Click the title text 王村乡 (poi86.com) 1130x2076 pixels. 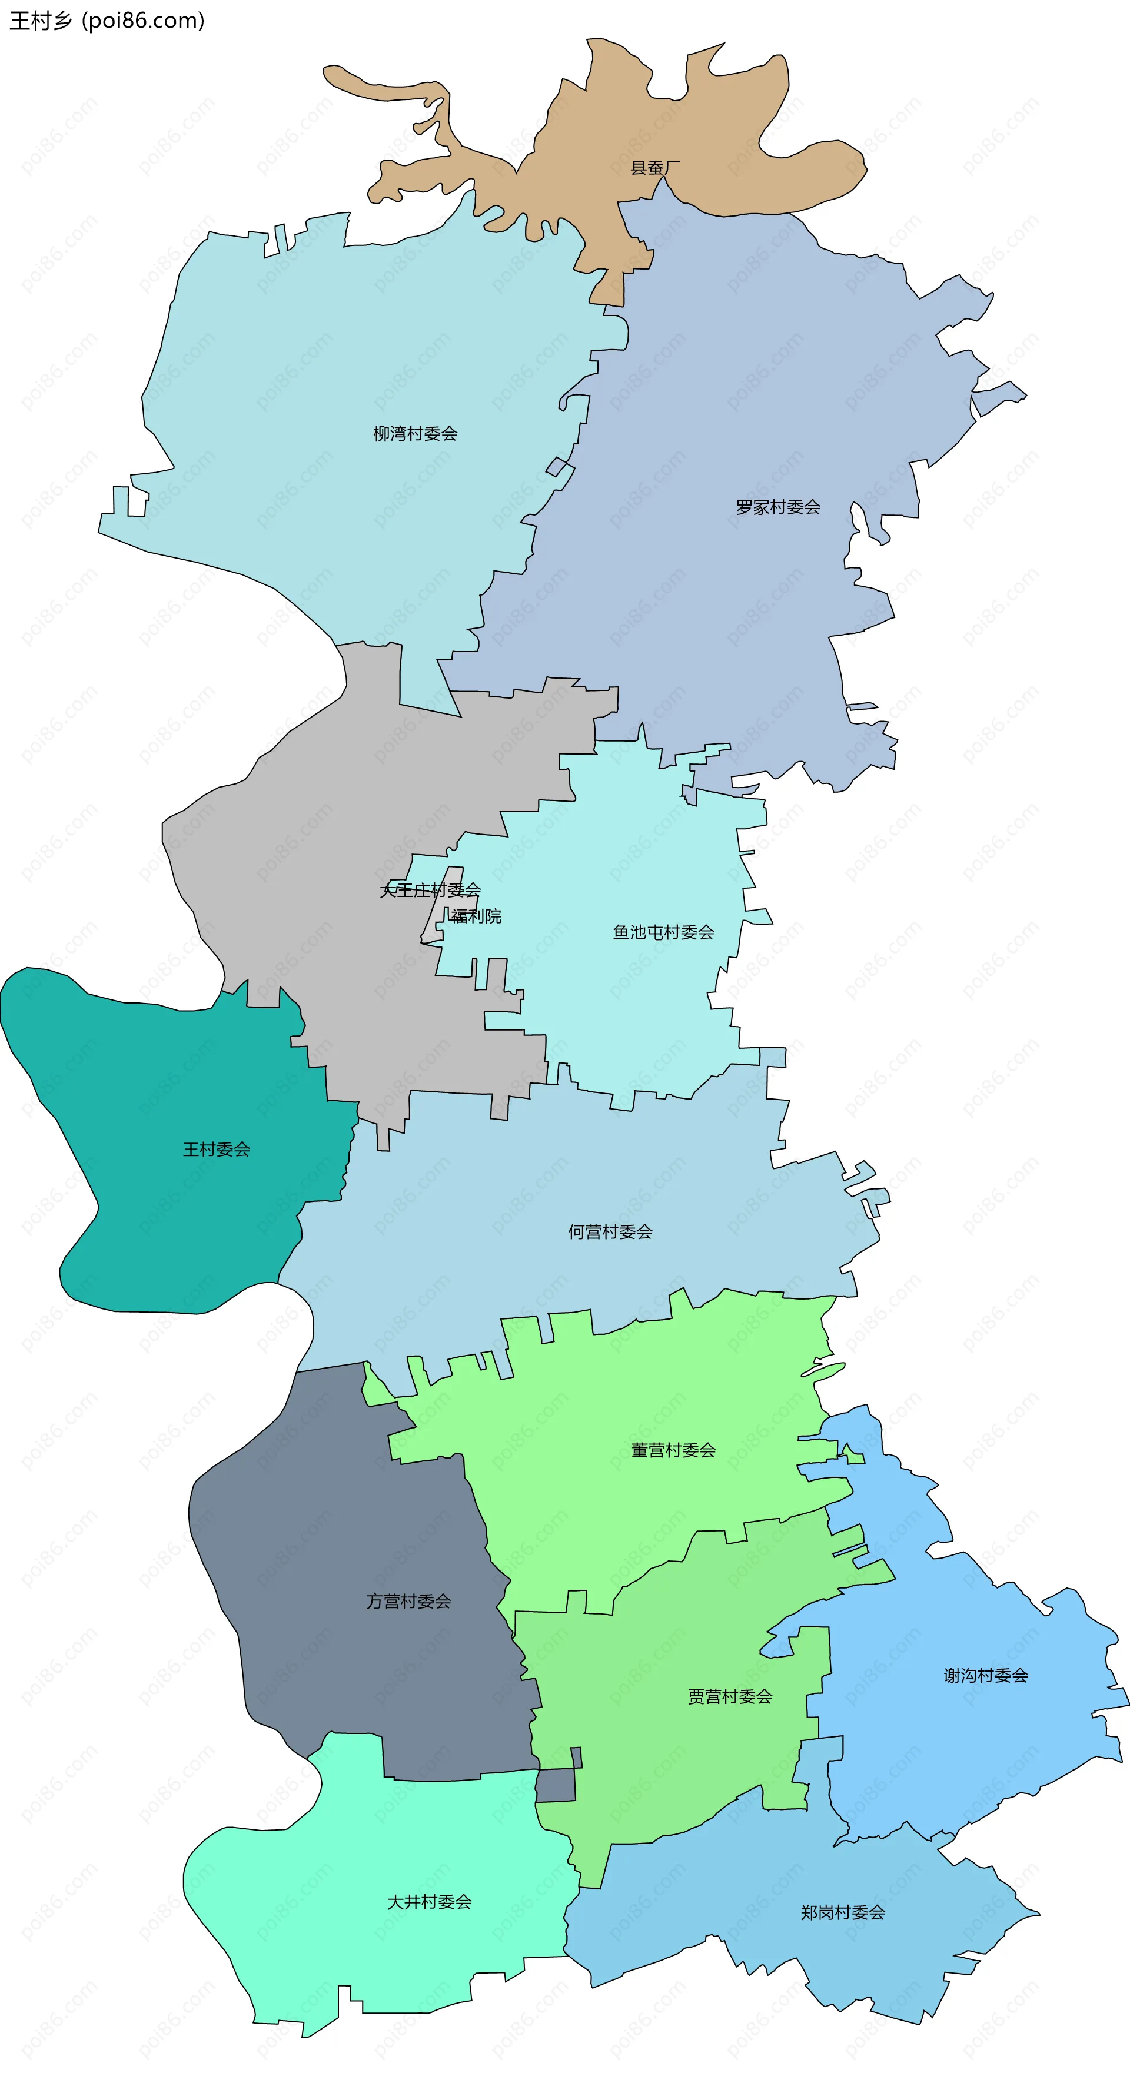click(107, 20)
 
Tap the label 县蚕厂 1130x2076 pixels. click(654, 168)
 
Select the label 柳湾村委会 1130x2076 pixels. click(415, 434)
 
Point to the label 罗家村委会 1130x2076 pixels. click(778, 507)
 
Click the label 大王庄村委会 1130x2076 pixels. click(430, 890)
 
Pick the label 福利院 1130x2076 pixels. click(476, 916)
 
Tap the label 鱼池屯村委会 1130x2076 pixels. click(663, 932)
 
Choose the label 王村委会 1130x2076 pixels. click(216, 1149)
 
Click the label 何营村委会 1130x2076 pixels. click(610, 1231)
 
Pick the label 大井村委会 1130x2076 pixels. click(429, 1902)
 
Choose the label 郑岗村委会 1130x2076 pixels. click(843, 1912)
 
